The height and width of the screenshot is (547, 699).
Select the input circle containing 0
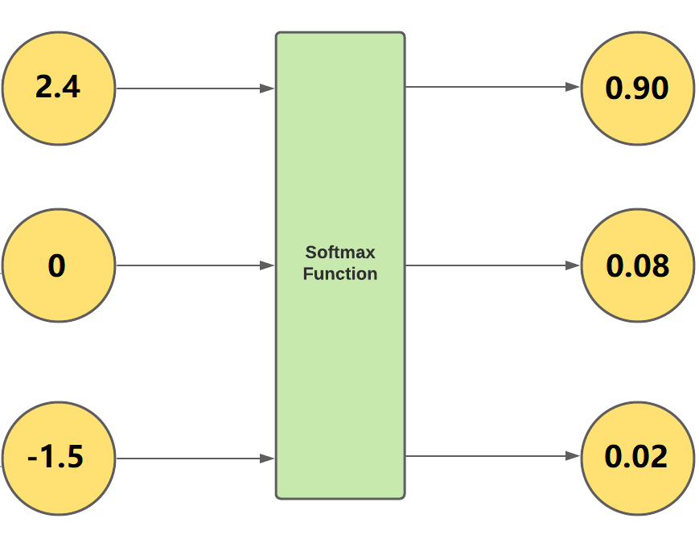coord(59,265)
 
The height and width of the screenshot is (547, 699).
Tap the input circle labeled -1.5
coord(59,459)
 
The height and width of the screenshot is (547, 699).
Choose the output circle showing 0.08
coord(637,265)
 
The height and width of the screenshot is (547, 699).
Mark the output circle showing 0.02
coord(637,457)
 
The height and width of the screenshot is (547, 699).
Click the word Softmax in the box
coord(340,253)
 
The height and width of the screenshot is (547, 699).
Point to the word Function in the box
coord(340,274)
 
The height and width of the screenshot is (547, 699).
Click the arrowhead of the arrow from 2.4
coord(268,88)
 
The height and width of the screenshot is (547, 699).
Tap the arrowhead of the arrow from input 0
coord(268,265)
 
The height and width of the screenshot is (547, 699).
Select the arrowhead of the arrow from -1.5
coord(268,459)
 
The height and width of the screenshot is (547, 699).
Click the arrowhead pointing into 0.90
coord(573,87)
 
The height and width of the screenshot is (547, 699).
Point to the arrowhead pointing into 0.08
coord(573,265)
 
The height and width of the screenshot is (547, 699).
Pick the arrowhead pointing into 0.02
coord(573,456)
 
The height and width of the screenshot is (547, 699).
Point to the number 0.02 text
coord(637,457)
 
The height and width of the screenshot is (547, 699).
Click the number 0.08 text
coord(637,265)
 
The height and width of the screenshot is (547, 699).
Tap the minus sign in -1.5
coord(33,461)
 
